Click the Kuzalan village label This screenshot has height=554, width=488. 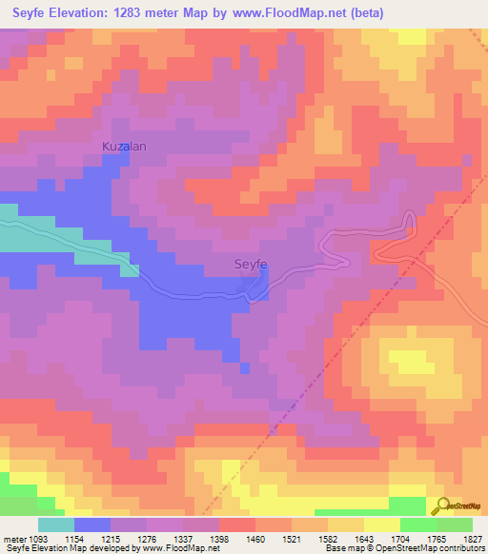(124, 147)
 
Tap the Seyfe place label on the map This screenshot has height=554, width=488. (251, 266)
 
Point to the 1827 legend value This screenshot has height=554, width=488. (475, 537)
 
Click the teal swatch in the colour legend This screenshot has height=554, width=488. (56, 524)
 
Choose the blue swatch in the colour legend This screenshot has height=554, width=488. (92, 524)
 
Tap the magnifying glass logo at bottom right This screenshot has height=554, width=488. (440, 507)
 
